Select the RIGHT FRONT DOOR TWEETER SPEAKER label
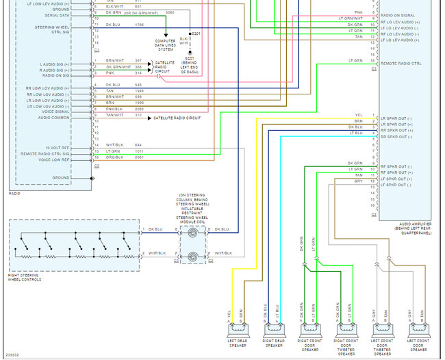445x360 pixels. (346, 346)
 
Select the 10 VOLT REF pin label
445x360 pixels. (57, 147)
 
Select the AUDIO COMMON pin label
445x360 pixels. (53, 118)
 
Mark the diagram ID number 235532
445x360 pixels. (12, 355)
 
